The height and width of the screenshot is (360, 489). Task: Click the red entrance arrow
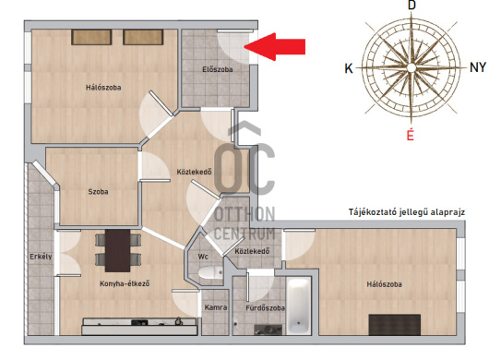click(274, 46)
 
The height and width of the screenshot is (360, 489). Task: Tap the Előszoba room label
click(218, 69)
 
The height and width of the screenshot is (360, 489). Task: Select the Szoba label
click(98, 192)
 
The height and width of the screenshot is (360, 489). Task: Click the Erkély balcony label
click(41, 257)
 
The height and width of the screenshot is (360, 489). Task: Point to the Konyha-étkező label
click(125, 283)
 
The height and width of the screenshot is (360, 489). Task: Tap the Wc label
click(203, 257)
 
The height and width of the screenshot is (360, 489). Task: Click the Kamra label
click(216, 307)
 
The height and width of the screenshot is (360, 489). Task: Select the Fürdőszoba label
click(265, 308)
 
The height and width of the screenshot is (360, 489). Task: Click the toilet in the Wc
click(210, 273)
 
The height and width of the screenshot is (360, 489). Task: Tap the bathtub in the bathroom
click(299, 306)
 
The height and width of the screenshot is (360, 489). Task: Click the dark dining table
click(117, 250)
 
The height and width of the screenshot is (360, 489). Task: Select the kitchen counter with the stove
click(139, 327)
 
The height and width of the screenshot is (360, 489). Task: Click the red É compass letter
click(410, 135)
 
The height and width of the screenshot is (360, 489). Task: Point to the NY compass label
click(478, 67)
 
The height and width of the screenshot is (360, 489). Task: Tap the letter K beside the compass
click(349, 68)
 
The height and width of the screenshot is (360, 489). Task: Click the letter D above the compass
click(412, 6)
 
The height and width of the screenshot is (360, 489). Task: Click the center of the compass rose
click(411, 67)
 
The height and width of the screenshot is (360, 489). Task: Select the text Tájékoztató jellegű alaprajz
click(407, 212)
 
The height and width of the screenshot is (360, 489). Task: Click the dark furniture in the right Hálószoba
click(395, 325)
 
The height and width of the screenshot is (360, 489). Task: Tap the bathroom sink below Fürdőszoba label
click(268, 330)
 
